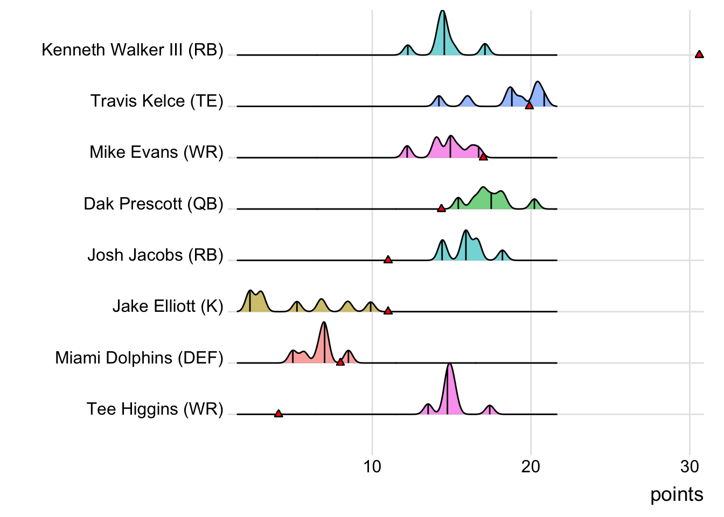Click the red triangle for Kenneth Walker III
(699, 54)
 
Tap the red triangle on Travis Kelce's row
(529, 106)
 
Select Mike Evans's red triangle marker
(483, 157)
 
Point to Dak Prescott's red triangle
(441, 208)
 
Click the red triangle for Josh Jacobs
(388, 260)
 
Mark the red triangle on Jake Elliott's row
(388, 311)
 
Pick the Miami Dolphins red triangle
(340, 362)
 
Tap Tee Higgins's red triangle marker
(279, 414)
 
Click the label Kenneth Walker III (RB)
(133, 50)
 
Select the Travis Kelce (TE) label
(157, 101)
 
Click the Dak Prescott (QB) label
(154, 204)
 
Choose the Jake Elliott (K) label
(168, 306)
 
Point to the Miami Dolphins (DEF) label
(139, 358)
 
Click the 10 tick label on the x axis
(372, 466)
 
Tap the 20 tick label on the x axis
(531, 466)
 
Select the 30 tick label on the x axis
(690, 466)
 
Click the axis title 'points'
(677, 494)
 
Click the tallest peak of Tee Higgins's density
(449, 365)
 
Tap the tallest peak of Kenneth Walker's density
(442, 11)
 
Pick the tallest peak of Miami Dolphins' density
(324, 323)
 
